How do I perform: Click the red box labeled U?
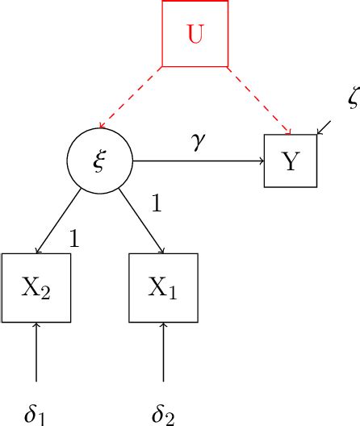pyautogui.click(x=195, y=33)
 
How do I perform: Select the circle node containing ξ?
pyautogui.click(x=99, y=161)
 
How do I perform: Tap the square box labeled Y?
pyautogui.click(x=291, y=161)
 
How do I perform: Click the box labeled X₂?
pyautogui.click(x=36, y=288)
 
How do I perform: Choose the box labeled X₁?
pyautogui.click(x=163, y=288)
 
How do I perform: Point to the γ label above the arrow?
pyautogui.click(x=199, y=142)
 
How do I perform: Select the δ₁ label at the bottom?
pyautogui.click(x=35, y=414)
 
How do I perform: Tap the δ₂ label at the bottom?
pyautogui.click(x=163, y=414)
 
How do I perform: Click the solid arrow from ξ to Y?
pyautogui.click(x=199, y=161)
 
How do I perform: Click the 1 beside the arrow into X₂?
pyautogui.click(x=74, y=238)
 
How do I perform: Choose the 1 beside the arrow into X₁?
pyautogui.click(x=157, y=203)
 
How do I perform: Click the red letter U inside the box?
pyautogui.click(x=195, y=35)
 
